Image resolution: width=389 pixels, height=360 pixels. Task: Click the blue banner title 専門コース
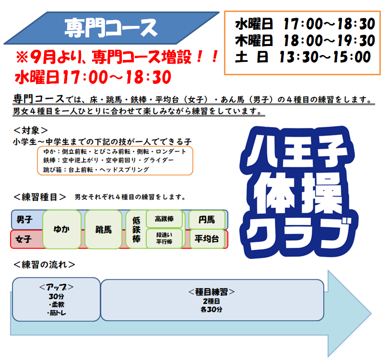tap(111, 28)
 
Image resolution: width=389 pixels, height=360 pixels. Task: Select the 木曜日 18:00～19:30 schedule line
tap(305, 41)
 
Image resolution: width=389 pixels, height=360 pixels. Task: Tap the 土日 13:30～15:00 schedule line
tap(303, 57)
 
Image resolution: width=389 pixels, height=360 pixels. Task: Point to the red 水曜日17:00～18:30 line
tap(93, 77)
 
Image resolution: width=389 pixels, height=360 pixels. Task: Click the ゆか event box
tap(62, 229)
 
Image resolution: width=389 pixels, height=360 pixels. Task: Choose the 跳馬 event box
tap(104, 229)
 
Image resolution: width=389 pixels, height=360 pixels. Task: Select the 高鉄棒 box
tap(164, 219)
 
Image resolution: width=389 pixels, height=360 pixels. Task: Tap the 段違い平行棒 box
tap(164, 238)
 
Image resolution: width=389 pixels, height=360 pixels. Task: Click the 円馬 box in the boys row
tap(207, 220)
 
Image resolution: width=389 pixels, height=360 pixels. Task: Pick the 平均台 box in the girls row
tap(207, 239)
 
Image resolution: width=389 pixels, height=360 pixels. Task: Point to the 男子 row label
tap(24, 220)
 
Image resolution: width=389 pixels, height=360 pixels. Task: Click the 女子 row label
tap(24, 239)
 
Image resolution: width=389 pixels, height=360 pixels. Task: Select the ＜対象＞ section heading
tap(30, 130)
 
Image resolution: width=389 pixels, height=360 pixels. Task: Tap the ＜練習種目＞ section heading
tap(40, 197)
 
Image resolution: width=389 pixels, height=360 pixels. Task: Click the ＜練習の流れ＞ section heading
tap(44, 265)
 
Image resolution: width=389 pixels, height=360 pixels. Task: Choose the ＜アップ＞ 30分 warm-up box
tap(56, 300)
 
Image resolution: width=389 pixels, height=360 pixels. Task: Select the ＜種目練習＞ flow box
tap(212, 300)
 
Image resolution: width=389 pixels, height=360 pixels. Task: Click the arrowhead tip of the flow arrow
tap(371, 314)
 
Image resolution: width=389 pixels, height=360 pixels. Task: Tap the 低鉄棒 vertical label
tap(136, 229)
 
